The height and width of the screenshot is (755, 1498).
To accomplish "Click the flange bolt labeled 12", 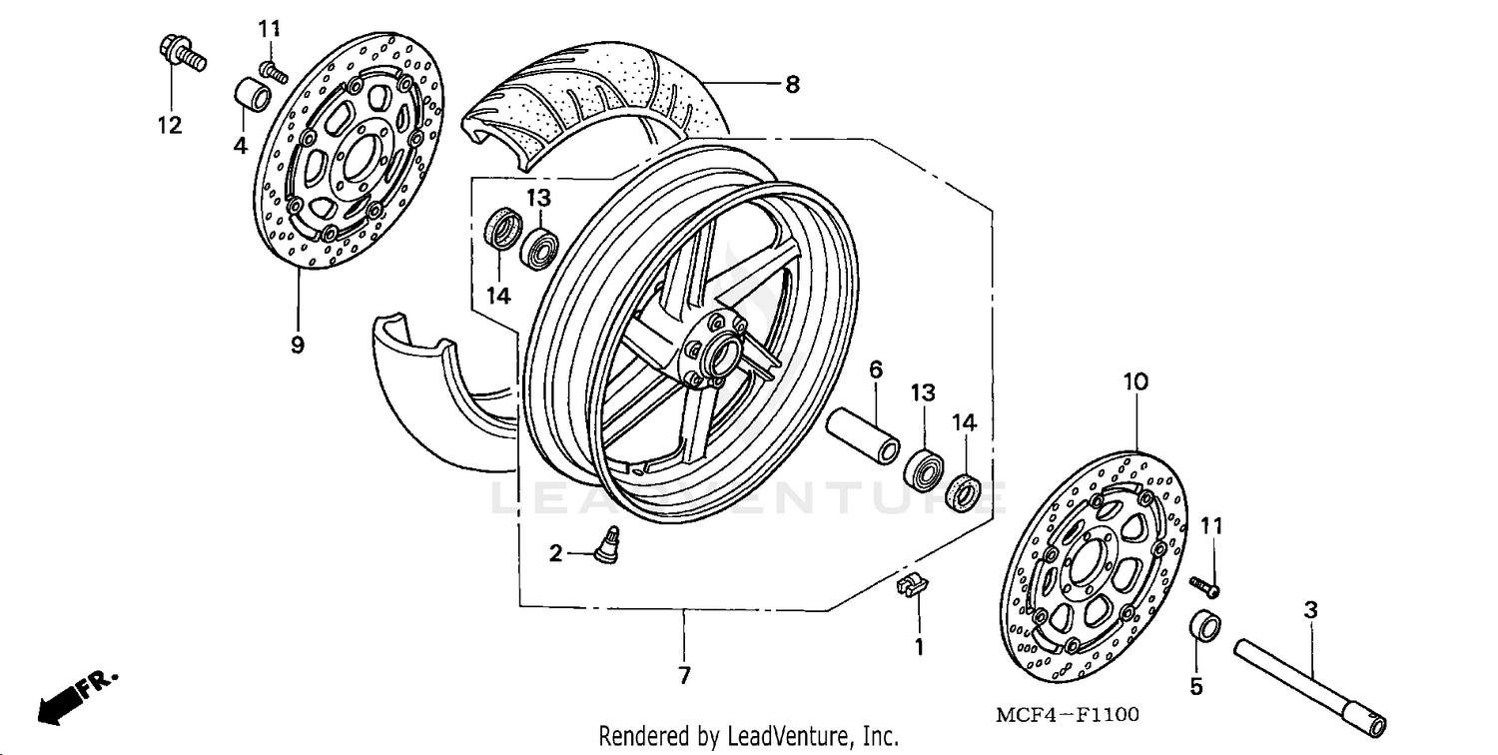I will (180, 54).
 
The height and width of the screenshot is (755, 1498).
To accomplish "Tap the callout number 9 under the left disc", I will (298, 345).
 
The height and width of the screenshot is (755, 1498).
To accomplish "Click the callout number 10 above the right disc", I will (1136, 381).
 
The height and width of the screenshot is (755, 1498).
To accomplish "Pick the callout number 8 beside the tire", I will (792, 85).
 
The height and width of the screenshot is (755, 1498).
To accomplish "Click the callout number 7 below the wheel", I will (684, 676).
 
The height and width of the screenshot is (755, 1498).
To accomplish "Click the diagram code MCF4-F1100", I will (1067, 715).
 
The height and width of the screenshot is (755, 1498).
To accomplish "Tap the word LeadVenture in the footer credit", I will (789, 737).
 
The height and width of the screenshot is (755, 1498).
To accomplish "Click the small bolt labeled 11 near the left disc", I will (273, 71).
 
